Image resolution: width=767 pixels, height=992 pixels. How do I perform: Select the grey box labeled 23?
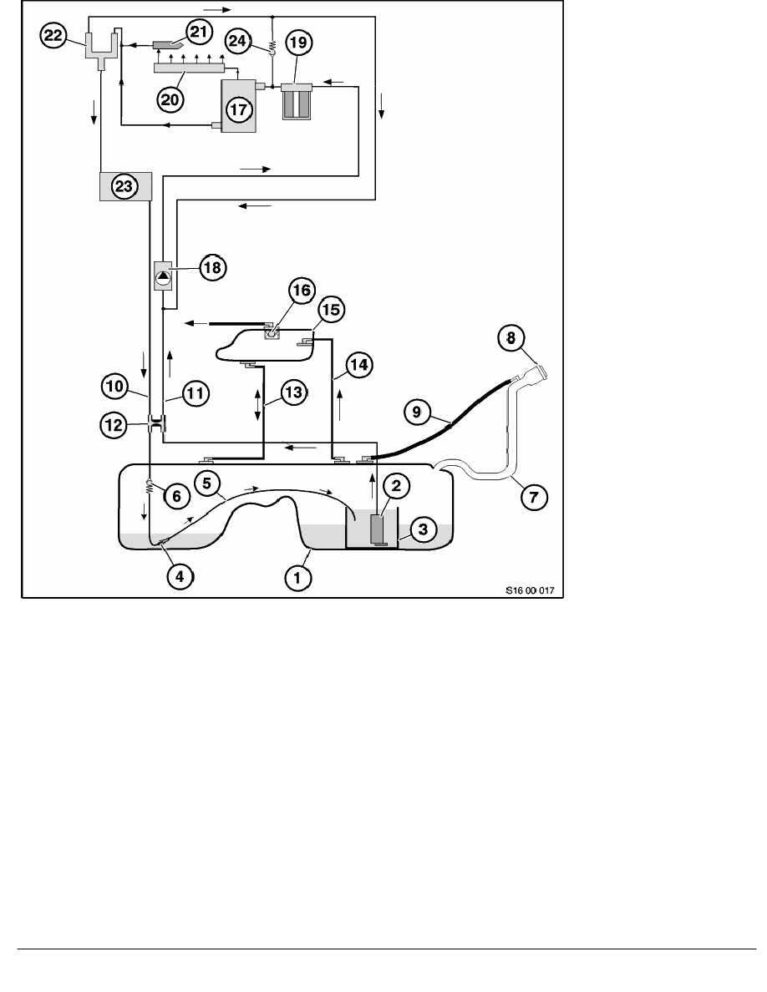tap(124, 187)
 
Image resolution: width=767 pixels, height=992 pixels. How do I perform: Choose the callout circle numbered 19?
tap(297, 41)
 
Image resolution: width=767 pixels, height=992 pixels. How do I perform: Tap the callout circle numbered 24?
tap(236, 39)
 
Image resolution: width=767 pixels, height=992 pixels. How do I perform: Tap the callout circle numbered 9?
tap(417, 411)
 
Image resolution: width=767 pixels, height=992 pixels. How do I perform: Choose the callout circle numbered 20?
tap(171, 98)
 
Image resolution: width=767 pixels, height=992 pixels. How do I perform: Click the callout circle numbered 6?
tap(176, 496)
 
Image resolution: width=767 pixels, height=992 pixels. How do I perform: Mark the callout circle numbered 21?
tap(198, 33)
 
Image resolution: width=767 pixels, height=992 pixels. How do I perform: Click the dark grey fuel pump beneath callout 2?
tap(377, 529)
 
